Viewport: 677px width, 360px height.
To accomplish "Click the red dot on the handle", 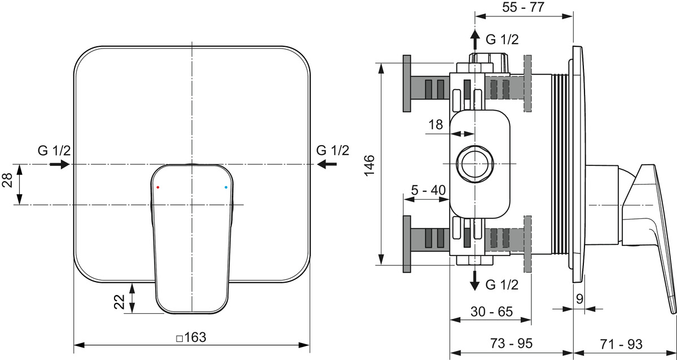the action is [158, 187].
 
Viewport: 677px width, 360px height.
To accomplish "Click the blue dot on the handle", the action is [226, 187].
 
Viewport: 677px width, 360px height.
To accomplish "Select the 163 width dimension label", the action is [191, 337].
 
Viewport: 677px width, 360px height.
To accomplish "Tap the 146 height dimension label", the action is [370, 165].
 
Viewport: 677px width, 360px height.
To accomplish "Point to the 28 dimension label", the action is [7, 181].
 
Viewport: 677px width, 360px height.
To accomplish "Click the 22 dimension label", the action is [120, 302].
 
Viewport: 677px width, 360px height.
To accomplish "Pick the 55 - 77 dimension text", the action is [523, 7].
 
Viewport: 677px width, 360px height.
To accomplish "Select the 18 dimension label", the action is [436, 125].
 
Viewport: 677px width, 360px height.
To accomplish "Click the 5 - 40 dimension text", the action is [428, 190].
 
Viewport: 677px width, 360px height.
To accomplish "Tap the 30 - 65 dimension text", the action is [492, 311].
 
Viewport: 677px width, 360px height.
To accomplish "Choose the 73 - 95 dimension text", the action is [511, 344].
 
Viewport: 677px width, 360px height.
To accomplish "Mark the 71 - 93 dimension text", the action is [621, 344].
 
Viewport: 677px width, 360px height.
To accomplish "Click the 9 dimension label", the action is [579, 299].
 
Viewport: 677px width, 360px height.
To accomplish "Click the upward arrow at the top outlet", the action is [475, 39].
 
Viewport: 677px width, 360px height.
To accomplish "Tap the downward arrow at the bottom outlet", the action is [475, 280].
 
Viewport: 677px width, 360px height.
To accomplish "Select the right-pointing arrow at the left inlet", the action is [60, 164].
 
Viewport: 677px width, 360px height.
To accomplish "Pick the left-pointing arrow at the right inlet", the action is [327, 164].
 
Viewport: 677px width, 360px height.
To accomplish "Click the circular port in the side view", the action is [475, 164].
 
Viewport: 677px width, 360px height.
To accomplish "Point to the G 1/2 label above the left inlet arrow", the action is [54, 150].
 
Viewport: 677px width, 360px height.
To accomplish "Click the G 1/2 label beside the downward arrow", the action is [502, 285].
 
